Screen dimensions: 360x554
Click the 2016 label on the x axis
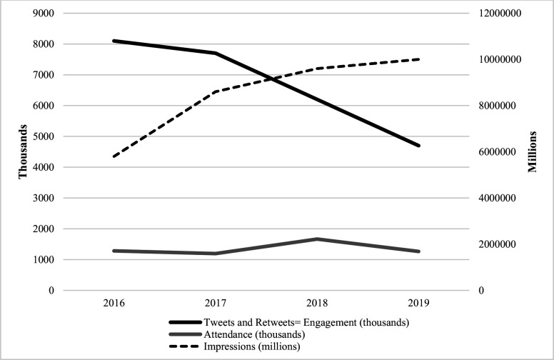[x=114, y=303]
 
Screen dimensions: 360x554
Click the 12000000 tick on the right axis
[x=500, y=13]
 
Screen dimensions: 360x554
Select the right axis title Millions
[x=533, y=151]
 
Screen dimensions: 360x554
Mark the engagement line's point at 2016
[x=114, y=41]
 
